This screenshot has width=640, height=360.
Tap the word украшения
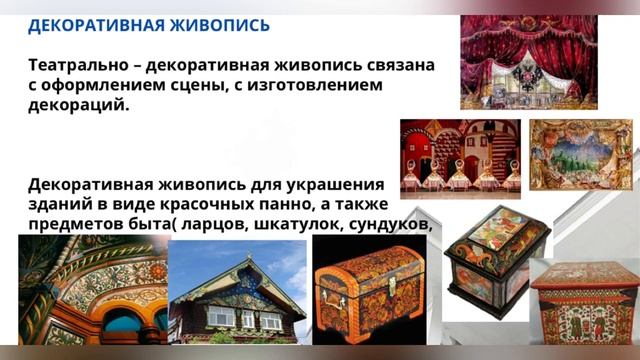332,185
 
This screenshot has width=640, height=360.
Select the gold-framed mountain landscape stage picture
580,155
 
